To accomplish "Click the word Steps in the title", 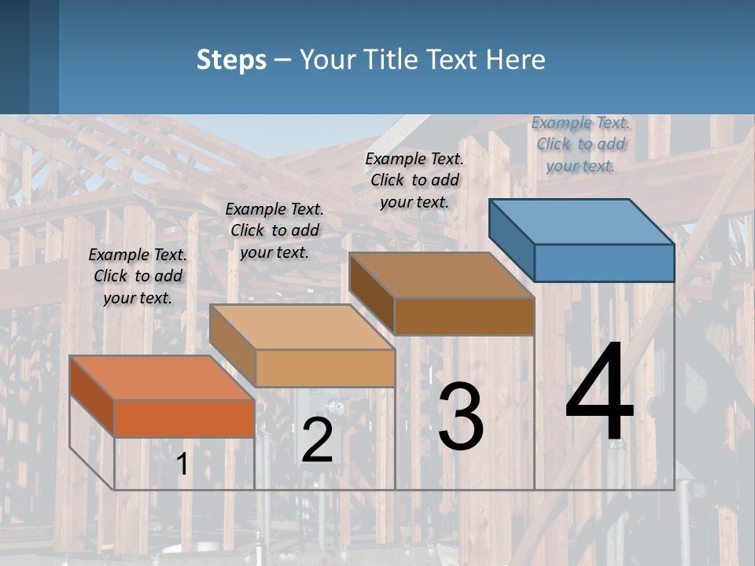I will [231, 60].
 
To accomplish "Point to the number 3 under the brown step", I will [460, 417].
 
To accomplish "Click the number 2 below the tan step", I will [317, 440].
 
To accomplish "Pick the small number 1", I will [182, 465].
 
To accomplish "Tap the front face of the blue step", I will [604, 263].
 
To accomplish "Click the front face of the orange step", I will [184, 417].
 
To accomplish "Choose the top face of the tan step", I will [302, 327].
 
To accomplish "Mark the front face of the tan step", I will [325, 368].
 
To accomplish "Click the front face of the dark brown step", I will [464, 316].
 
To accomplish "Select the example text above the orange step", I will [138, 276].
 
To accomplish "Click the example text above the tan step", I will [274, 230].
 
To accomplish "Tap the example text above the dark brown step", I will [414, 180].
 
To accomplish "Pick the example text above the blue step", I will [580, 144].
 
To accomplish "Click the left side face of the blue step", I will [511, 240].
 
